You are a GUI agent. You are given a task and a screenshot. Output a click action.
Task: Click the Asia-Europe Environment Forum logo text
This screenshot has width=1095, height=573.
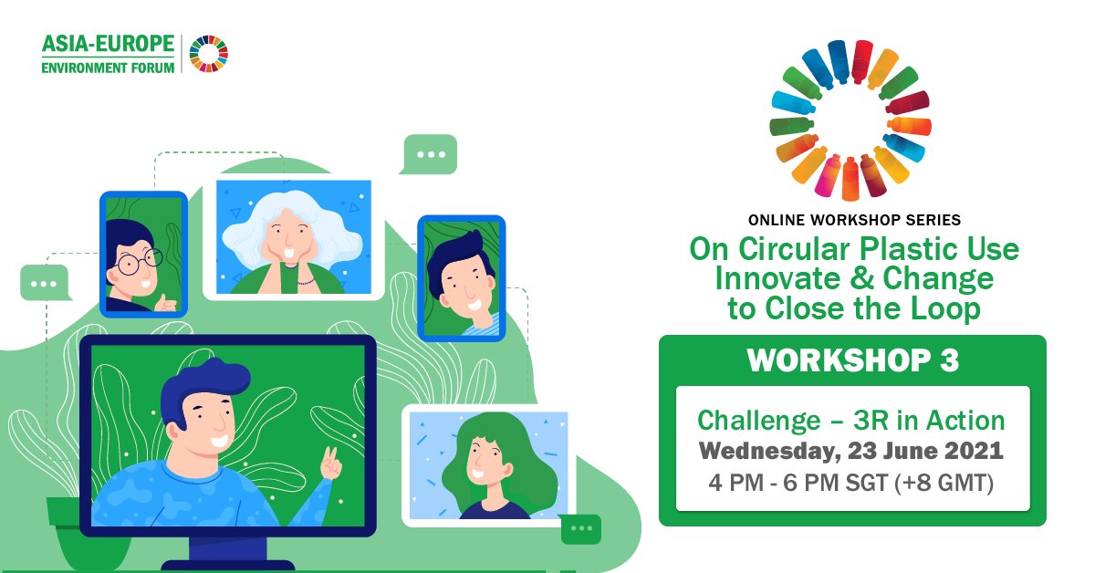pyautogui.click(x=108, y=54)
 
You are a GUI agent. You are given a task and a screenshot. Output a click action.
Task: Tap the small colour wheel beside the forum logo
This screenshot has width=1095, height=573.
pyautogui.click(x=209, y=54)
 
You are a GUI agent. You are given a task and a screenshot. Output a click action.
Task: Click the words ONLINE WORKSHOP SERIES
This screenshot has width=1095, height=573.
pyautogui.click(x=853, y=220)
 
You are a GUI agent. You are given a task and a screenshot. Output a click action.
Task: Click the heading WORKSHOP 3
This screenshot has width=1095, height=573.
pyautogui.click(x=852, y=360)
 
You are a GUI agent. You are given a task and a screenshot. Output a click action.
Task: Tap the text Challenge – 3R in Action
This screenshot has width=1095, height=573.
pyautogui.click(x=851, y=421)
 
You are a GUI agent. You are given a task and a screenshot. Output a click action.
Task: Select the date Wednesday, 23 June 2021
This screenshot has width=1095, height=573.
pyautogui.click(x=851, y=451)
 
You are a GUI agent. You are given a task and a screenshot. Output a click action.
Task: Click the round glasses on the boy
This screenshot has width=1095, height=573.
pyautogui.click(x=137, y=262)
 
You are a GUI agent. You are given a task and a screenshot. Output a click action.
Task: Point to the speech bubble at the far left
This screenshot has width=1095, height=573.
pyautogui.click(x=44, y=283)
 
